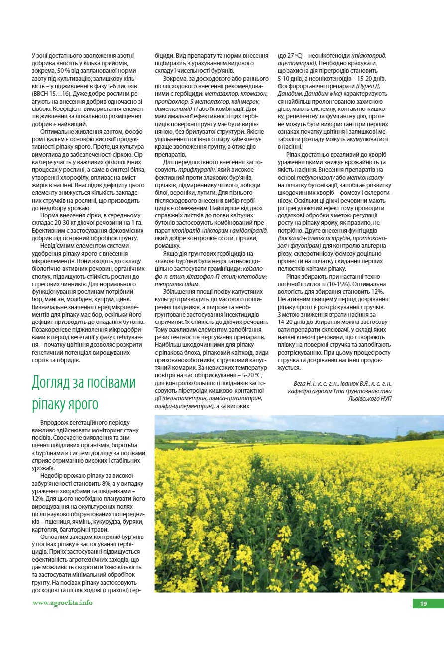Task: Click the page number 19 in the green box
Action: (x=423, y=604)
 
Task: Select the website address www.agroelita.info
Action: (x=62, y=602)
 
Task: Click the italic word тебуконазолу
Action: (x=317, y=177)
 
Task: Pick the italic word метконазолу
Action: (x=366, y=177)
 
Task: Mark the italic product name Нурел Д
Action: (x=366, y=93)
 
